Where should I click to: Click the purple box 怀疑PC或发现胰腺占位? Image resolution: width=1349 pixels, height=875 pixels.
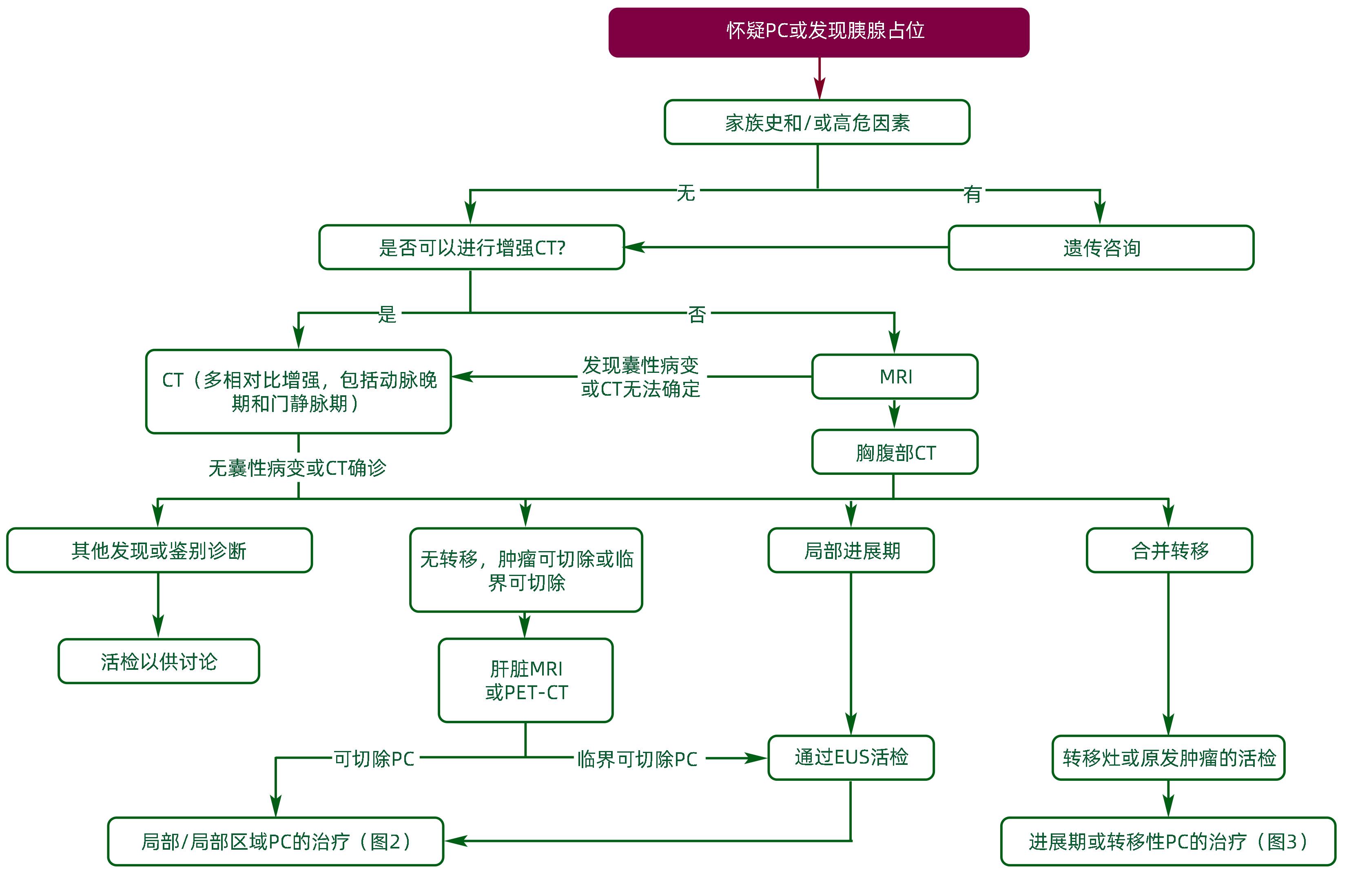click(818, 32)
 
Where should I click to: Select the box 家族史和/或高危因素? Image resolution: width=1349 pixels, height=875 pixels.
click(817, 122)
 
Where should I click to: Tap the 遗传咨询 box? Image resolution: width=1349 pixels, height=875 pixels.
click(1101, 248)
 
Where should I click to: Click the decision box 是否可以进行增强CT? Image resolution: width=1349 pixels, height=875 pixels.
click(471, 248)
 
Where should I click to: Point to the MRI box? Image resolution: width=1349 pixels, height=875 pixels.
click(895, 377)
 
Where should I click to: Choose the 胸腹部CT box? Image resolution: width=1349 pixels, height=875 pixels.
click(895, 452)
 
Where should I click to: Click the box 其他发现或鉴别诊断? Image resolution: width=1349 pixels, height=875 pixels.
click(159, 550)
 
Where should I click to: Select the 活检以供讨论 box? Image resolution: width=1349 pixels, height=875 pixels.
click(159, 661)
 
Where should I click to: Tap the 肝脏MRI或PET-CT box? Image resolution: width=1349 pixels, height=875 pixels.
click(525, 680)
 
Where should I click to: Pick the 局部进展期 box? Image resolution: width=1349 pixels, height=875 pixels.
click(851, 550)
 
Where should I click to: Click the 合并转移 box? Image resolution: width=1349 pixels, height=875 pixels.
click(1169, 550)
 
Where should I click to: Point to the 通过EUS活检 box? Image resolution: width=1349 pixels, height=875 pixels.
click(851, 758)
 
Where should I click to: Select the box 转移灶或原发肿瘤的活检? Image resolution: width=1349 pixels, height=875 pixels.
click(1168, 758)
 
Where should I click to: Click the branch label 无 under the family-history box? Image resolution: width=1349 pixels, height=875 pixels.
click(686, 193)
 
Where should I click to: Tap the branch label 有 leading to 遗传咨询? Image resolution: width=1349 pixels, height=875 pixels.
click(972, 194)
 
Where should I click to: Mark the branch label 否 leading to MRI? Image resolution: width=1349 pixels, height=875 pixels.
click(697, 314)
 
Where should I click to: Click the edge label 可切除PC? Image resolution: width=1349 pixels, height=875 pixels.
click(374, 759)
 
